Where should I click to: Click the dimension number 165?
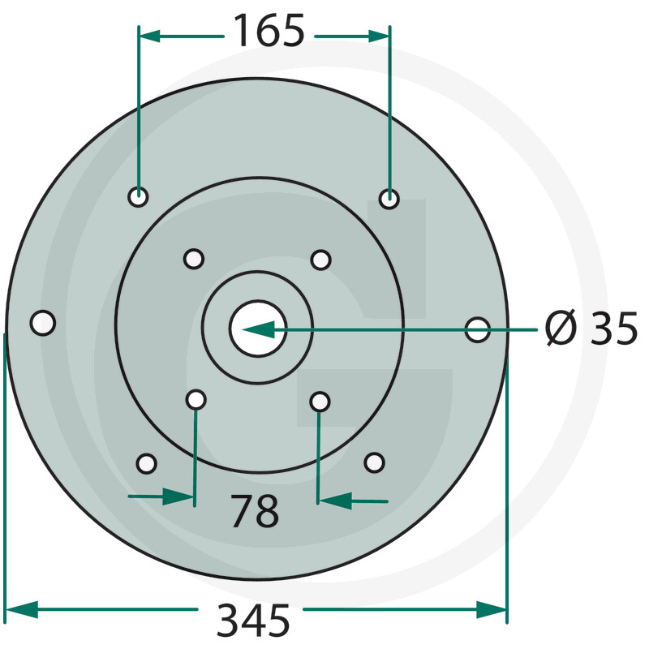coord(269,33)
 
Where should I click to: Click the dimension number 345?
coord(253,621)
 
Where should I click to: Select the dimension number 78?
coord(255,511)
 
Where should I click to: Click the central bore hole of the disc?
coord(258,329)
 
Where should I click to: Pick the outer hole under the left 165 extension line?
coord(139,197)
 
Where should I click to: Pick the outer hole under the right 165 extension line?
coord(390,198)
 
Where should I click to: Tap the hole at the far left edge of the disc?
coord(43,323)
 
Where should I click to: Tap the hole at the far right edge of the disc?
coord(478,329)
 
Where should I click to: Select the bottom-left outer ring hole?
coord(146,463)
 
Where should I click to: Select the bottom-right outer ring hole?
coord(374,462)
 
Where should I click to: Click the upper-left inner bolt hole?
coord(193,259)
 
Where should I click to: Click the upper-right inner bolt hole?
coord(321,260)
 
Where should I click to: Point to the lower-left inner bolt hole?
coord(196,400)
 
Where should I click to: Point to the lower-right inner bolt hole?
coord(320,402)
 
